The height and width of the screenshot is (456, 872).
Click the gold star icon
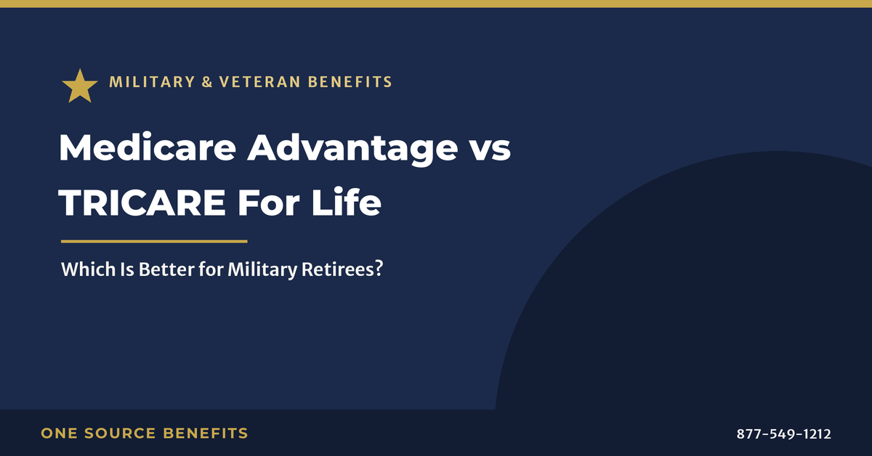(x=80, y=86)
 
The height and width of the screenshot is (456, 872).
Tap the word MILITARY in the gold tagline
(x=152, y=82)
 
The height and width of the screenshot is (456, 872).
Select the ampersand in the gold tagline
(x=208, y=82)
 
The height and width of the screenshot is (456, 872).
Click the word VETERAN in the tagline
(x=260, y=82)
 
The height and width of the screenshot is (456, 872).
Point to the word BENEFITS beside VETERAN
(x=350, y=82)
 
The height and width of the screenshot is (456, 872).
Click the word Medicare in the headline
(x=148, y=147)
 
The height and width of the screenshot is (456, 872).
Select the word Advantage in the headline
(x=352, y=150)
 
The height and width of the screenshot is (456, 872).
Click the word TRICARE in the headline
(x=142, y=203)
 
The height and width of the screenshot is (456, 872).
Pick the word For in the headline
(x=269, y=203)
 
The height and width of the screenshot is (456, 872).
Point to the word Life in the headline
(x=346, y=202)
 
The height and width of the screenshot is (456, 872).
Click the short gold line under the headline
(x=154, y=242)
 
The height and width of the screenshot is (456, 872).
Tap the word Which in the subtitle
(x=89, y=269)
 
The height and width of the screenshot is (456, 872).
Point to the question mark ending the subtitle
(x=379, y=269)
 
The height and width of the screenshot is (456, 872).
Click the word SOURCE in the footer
(x=121, y=433)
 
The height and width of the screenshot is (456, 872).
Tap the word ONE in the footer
(x=59, y=433)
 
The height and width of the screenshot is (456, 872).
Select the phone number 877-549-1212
(x=783, y=433)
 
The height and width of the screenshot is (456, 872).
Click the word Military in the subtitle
(x=262, y=270)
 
